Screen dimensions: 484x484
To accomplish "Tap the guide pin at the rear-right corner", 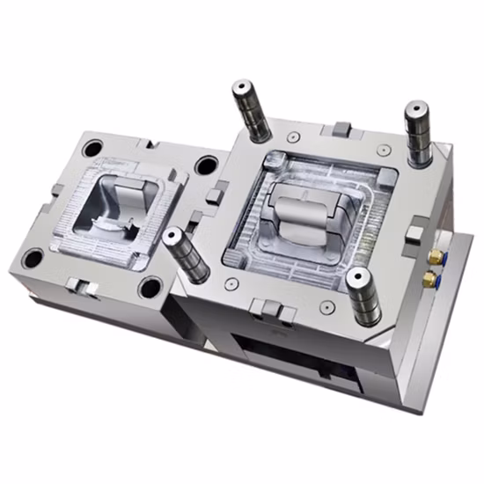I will point(415,111).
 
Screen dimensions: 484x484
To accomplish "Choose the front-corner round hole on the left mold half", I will point(150,288).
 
